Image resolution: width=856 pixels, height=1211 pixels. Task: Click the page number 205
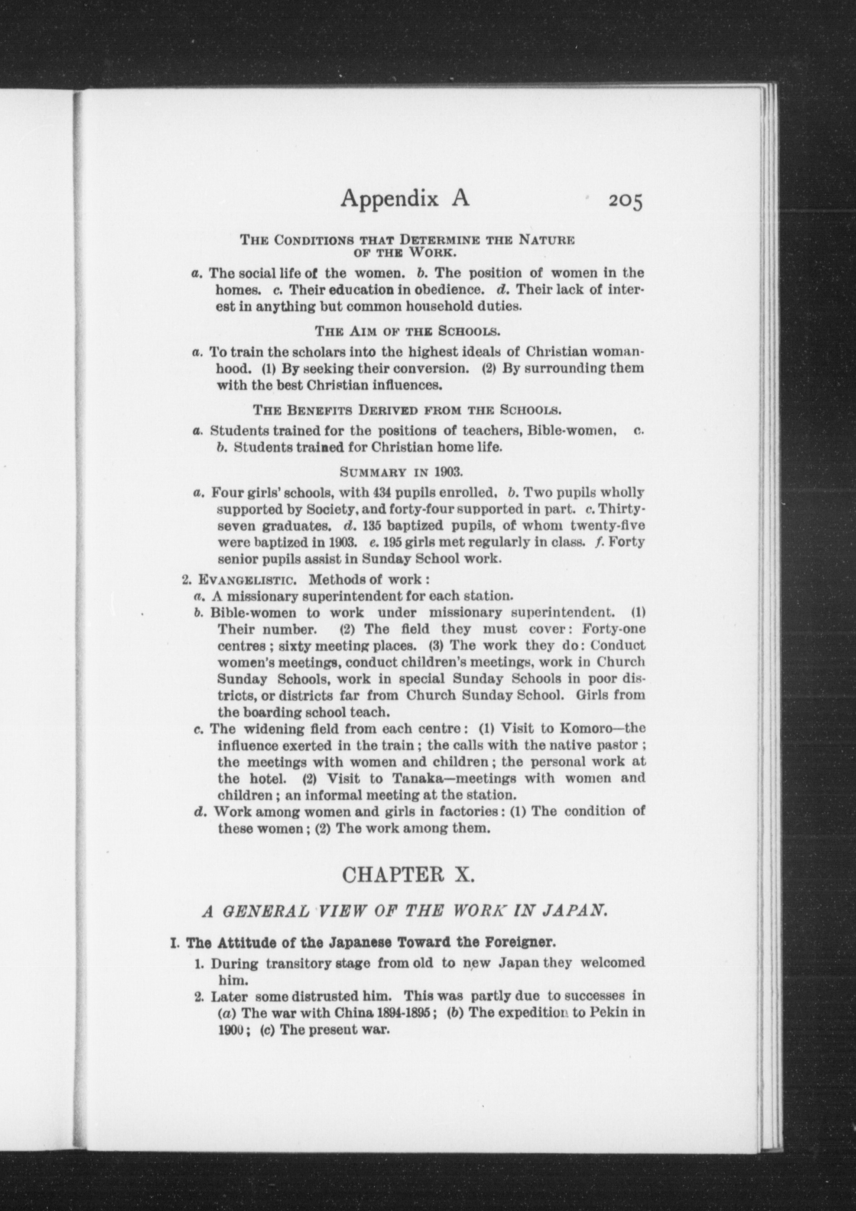(625, 202)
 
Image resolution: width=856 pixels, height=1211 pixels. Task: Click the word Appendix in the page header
(390, 199)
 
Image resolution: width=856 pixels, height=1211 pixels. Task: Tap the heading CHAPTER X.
(409, 875)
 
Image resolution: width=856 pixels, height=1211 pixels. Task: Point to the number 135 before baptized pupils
(367, 526)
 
